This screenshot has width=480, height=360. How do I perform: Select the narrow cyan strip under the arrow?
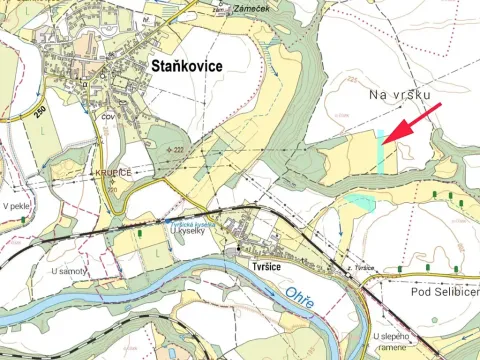click(x=381, y=152)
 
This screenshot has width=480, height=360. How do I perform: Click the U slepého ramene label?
click(x=399, y=343)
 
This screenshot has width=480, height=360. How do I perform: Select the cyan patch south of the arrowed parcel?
click(x=361, y=203)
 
